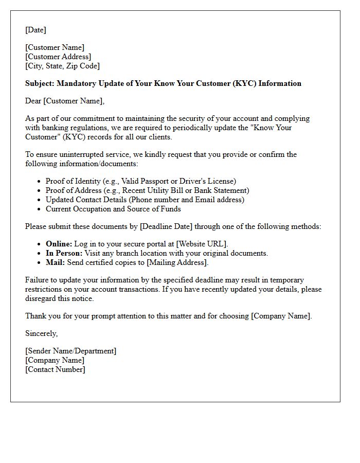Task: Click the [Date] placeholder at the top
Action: tap(35, 30)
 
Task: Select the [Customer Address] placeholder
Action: tap(58, 57)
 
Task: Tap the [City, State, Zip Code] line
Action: tap(62, 66)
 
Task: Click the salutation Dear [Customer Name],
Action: tap(65, 101)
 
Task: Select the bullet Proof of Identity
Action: tap(140, 181)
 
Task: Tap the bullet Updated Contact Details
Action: tap(145, 200)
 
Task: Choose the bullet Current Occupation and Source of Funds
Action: tap(113, 209)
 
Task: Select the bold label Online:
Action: tap(59, 244)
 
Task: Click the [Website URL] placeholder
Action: tap(202, 244)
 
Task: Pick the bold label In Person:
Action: tap(63, 253)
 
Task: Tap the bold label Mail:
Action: tap(55, 262)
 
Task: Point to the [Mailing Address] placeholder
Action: tap(177, 262)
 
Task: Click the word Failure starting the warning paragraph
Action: tap(38, 280)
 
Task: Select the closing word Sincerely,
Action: tap(42, 333)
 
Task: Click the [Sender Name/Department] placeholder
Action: tap(70, 351)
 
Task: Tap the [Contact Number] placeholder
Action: tap(55, 369)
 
